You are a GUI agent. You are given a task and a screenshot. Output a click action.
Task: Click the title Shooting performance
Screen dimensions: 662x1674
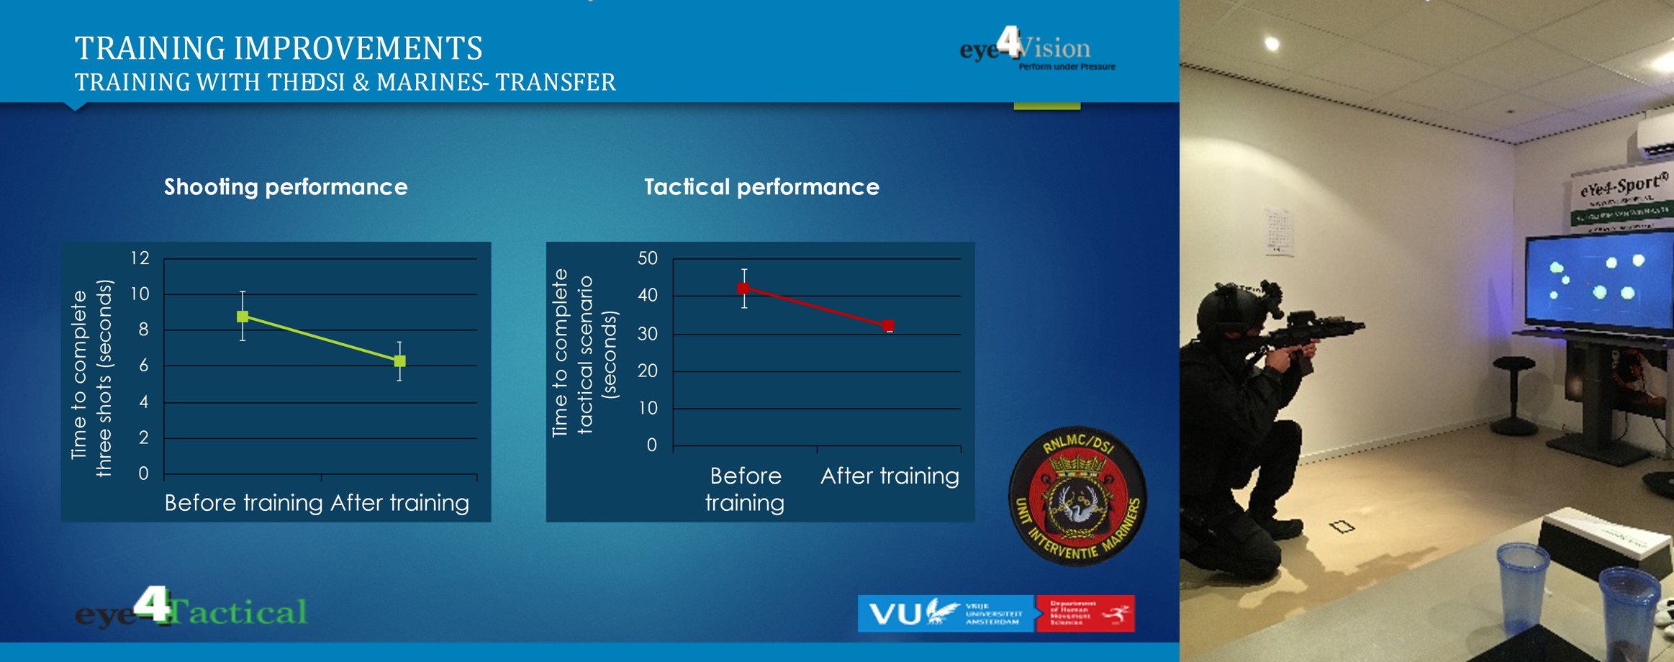coord(286,187)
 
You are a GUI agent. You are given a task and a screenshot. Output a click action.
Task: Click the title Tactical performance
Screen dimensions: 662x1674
coord(761,187)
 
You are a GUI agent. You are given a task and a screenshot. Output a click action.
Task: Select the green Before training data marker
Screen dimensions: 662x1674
coord(243,317)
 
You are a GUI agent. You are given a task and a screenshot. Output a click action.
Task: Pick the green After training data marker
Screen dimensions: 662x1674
coord(400,361)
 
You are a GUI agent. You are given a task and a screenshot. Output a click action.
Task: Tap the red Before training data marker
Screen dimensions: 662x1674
coord(743,289)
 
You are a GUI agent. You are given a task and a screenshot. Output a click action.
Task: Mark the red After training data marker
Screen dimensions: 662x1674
coord(889,326)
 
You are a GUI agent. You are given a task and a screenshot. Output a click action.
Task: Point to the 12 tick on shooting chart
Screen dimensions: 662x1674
coord(140,258)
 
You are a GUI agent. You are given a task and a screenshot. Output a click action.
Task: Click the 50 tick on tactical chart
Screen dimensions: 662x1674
coord(648,258)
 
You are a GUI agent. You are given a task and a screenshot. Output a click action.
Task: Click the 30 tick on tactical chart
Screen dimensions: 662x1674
coord(648,333)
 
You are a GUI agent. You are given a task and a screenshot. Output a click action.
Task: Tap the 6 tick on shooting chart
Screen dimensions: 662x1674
coord(144,366)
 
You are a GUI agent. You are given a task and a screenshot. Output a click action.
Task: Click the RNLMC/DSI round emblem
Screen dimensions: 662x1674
coord(1077,496)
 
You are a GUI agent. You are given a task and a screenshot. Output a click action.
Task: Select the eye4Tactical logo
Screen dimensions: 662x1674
coord(191,609)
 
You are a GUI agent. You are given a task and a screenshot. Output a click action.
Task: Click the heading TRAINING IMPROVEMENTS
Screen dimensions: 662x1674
coord(279,49)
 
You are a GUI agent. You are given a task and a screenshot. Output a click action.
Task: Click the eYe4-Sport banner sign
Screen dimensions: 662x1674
coord(1621,198)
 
